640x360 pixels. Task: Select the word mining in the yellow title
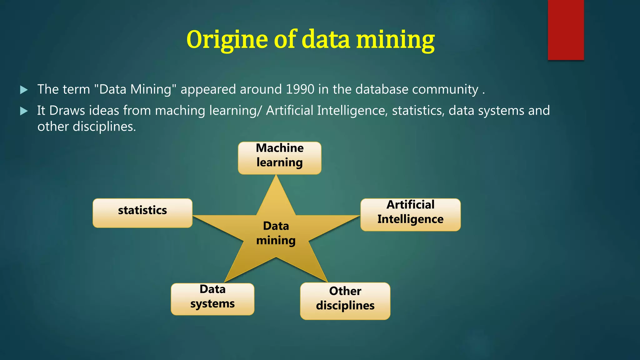point(395,40)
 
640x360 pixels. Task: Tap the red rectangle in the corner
point(566,30)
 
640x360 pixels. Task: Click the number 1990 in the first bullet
point(300,89)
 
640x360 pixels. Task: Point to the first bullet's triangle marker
point(24,90)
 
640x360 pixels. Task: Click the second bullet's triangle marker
point(24,111)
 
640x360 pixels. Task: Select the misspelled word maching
point(180,111)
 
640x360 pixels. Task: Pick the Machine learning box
point(279,158)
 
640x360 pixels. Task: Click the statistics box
point(142,213)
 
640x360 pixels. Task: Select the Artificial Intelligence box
point(410,215)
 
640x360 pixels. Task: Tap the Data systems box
point(212,299)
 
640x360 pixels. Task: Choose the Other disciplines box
point(345,301)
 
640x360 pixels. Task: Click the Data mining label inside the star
point(276,233)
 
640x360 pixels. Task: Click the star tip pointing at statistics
point(195,216)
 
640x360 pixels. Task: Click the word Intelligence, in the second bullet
point(352,111)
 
